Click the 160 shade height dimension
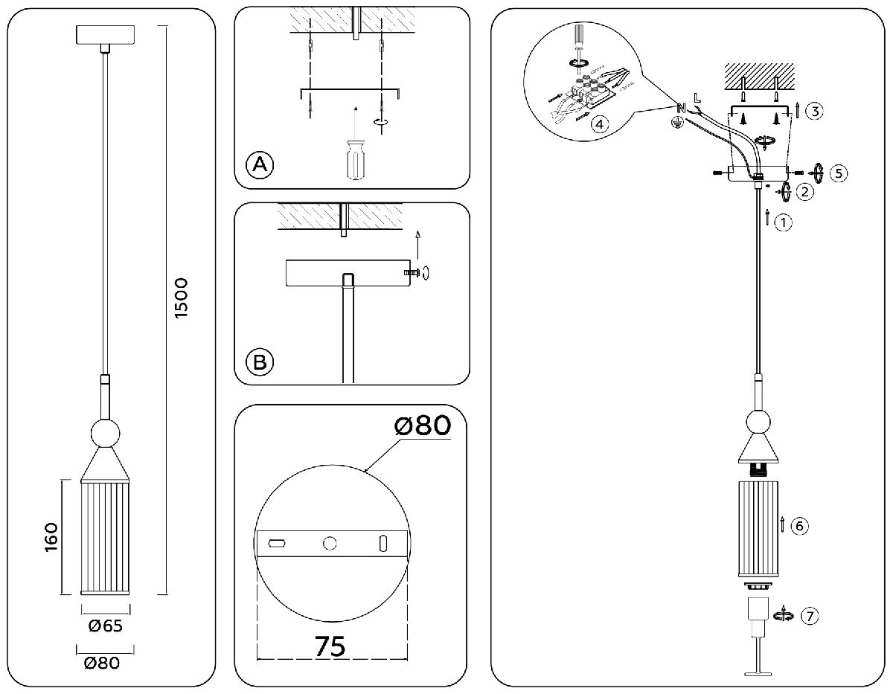51,538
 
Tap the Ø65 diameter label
104,626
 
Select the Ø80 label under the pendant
102,663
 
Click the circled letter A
260,164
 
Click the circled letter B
260,362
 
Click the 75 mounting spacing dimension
329,646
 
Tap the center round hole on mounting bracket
329,544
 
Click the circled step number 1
781,222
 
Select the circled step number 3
814,112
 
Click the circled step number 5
838,173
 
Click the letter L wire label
697,97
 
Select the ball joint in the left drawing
105,434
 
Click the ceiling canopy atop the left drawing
105,34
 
